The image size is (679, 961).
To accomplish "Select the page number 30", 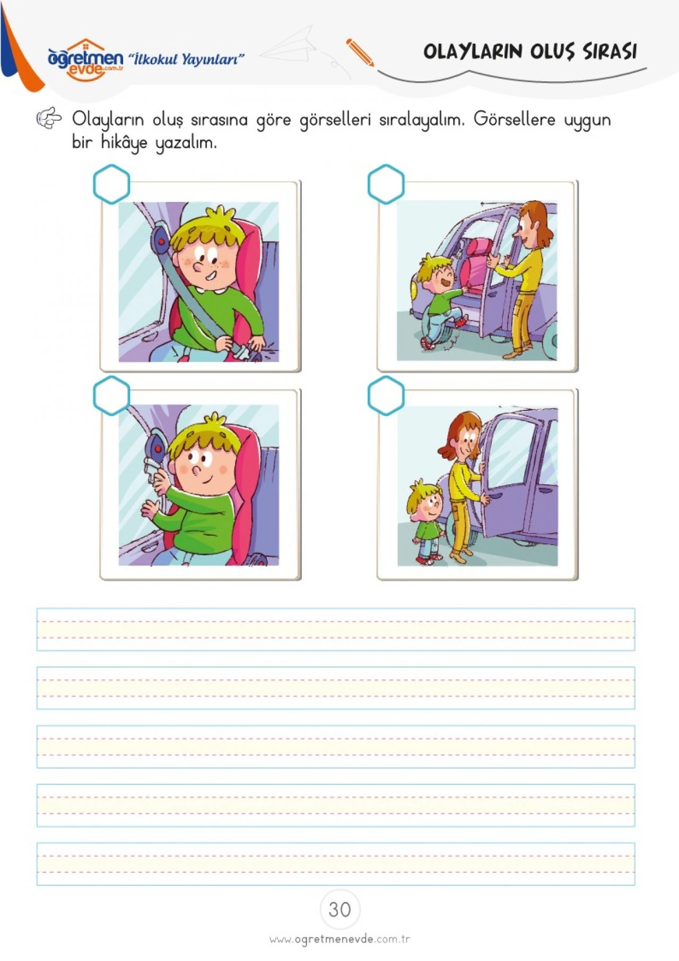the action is coord(339,909).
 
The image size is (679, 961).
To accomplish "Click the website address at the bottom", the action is coord(339,939).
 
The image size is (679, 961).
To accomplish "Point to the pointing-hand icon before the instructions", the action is coord(49,118).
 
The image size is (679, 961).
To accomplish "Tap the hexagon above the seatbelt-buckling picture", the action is coord(111,184).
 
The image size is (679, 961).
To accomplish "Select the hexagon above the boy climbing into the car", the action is coord(386,184).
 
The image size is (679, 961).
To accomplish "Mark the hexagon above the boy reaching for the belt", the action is coord(111,396).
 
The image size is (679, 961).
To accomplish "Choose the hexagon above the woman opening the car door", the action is coord(386,396).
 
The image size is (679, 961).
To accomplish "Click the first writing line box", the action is coord(336,630).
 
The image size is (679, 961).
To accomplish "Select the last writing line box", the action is coord(336,864).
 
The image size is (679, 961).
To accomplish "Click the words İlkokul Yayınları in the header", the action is coord(186,59).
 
